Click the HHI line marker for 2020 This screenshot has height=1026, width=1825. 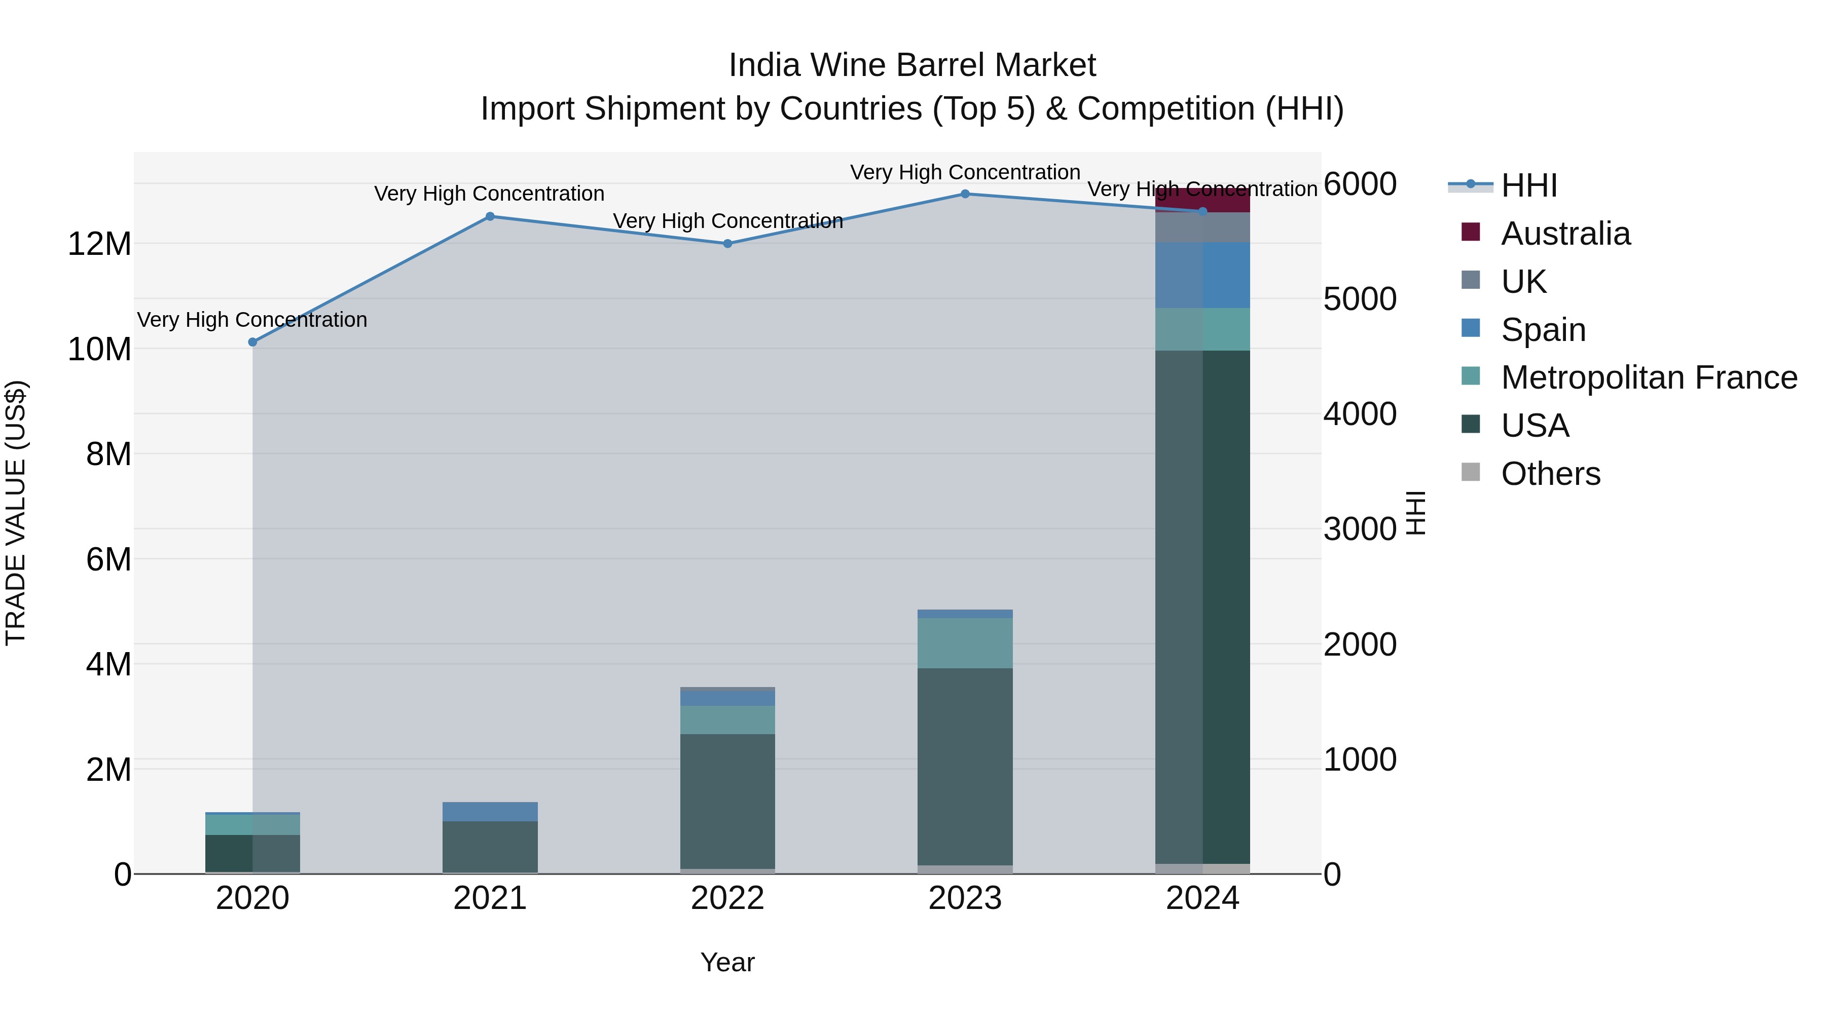pos(253,342)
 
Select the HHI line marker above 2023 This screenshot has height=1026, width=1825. pos(965,194)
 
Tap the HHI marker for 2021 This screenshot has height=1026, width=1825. pos(490,217)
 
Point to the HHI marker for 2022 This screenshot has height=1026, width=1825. pos(727,244)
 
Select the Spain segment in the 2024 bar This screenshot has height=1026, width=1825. pos(1202,276)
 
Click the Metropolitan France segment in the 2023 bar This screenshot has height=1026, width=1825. pos(965,643)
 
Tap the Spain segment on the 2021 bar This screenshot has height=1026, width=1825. pos(490,812)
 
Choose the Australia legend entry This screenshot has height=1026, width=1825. pos(1566,234)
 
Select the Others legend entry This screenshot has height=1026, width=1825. pos(1550,474)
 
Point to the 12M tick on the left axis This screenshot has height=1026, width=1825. pos(99,244)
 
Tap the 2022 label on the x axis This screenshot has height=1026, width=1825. pos(727,898)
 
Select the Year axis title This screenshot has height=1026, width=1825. pos(727,962)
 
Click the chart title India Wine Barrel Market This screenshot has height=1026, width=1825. pos(912,66)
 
